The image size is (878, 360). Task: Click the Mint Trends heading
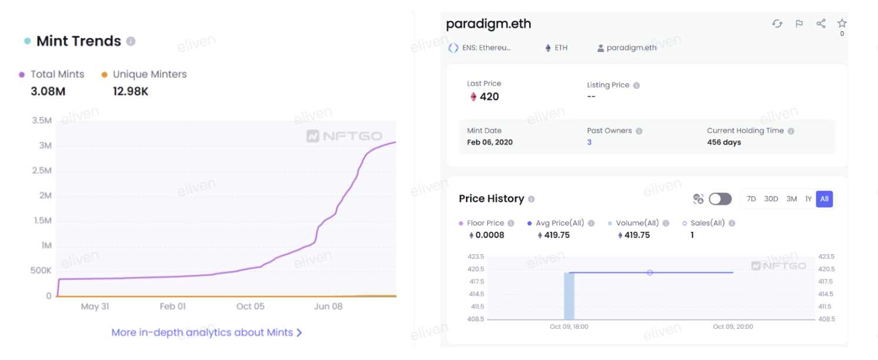pyautogui.click(x=78, y=41)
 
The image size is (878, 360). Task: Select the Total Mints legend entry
pyautogui.click(x=57, y=74)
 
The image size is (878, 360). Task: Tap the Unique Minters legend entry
pyautogui.click(x=149, y=74)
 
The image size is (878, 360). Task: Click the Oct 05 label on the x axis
pyautogui.click(x=251, y=306)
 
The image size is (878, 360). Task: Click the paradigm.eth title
pyautogui.click(x=488, y=24)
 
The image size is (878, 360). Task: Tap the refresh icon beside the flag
pyautogui.click(x=777, y=24)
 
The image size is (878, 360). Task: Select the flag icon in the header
pyautogui.click(x=799, y=24)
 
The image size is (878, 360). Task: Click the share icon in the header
pyautogui.click(x=821, y=24)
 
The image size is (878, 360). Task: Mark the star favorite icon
pyautogui.click(x=842, y=24)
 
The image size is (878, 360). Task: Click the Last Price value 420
pyautogui.click(x=489, y=97)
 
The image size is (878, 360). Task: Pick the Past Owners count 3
pyautogui.click(x=589, y=142)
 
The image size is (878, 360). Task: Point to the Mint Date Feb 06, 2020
pyautogui.click(x=490, y=142)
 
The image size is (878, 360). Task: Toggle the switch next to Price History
pyautogui.click(x=720, y=199)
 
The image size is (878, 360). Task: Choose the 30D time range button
pyautogui.click(x=771, y=199)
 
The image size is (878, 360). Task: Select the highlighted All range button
pyautogui.click(x=824, y=199)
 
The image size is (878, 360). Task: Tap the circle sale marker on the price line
pyautogui.click(x=650, y=272)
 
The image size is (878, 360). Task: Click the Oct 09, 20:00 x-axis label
pyautogui.click(x=733, y=326)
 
